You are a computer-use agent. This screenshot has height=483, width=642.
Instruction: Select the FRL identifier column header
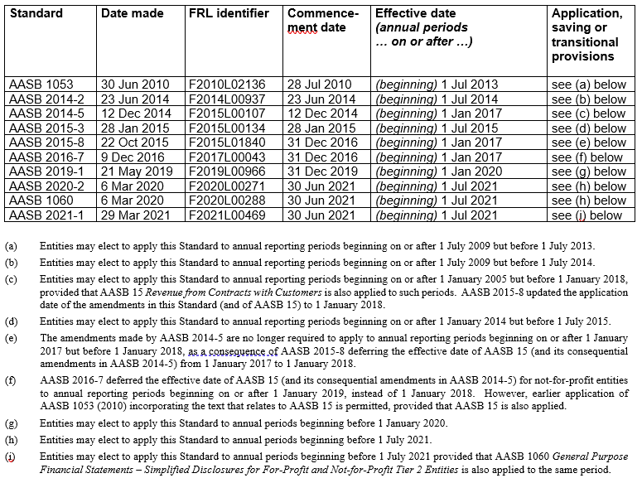229,14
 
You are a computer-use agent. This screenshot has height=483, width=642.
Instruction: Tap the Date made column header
133,14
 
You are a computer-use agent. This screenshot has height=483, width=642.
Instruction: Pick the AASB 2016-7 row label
45,157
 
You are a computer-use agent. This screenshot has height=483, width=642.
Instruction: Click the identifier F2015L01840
225,142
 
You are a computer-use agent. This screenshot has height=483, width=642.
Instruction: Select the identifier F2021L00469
225,215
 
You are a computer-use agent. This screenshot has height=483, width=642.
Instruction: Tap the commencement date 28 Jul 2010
321,85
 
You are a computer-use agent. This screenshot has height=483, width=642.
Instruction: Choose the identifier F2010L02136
225,85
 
